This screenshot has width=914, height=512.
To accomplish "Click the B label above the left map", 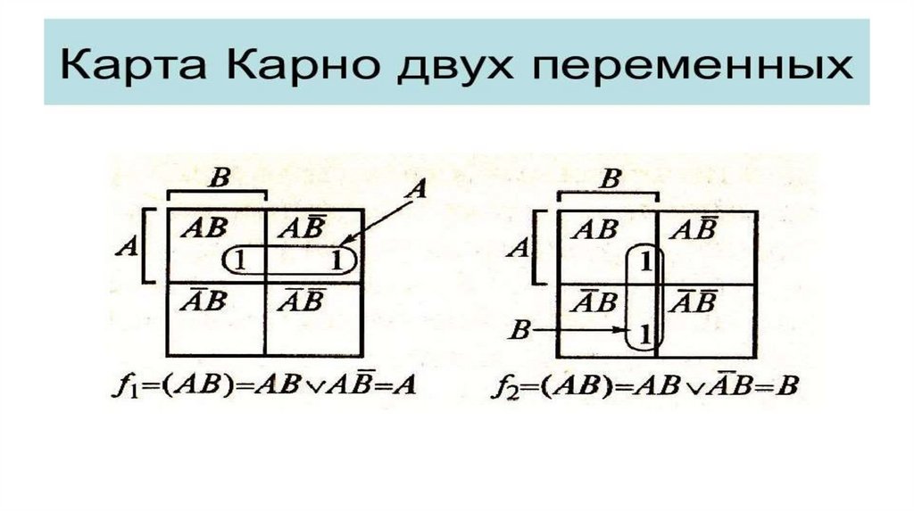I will coord(216,178).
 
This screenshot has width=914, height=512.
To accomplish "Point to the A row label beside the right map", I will coord(515,247).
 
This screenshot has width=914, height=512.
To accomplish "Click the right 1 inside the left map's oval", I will coord(337,260).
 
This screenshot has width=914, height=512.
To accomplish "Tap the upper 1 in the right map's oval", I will coord(646,260).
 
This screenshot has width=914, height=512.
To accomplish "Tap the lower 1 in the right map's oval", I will coord(646,335).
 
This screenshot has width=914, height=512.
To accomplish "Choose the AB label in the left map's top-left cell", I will coord(204,227).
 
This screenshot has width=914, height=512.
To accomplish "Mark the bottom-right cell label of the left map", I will coord(301,301).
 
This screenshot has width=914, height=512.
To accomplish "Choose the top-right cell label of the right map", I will coord(694,229).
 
